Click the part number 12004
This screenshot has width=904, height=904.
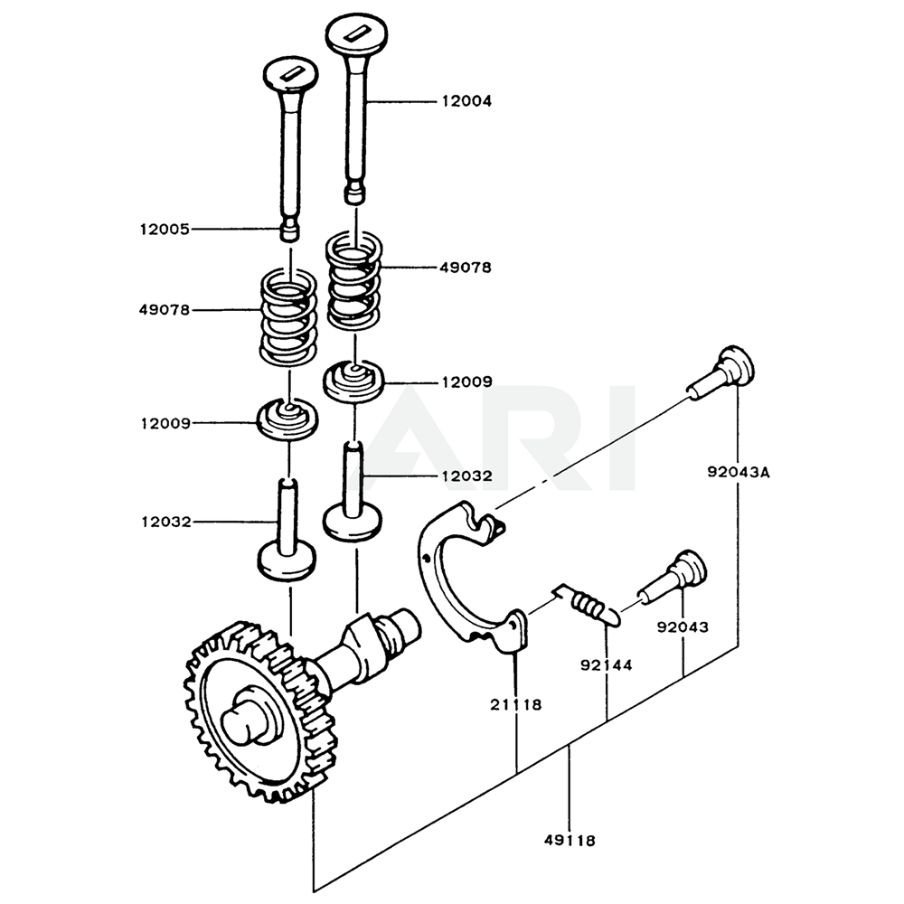click(x=466, y=102)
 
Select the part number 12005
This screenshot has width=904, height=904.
click(x=164, y=230)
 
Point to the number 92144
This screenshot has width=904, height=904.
click(x=605, y=665)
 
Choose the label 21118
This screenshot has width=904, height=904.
click(x=516, y=704)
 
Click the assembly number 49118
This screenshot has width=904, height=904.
click(x=570, y=840)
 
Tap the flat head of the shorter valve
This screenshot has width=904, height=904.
click(x=289, y=75)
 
